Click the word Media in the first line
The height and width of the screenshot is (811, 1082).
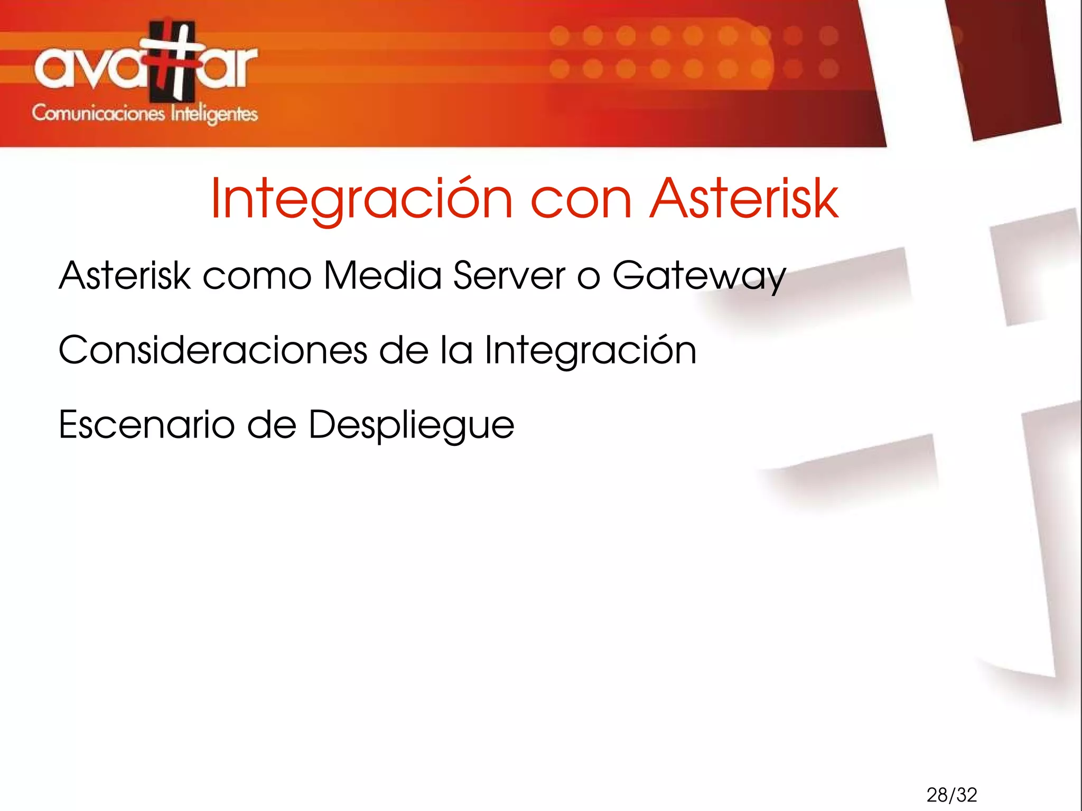(383, 275)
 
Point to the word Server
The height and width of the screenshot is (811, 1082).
(509, 275)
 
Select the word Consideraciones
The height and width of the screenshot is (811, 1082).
(213, 350)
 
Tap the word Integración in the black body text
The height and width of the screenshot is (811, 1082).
(591, 351)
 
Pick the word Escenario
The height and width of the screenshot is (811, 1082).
(146, 424)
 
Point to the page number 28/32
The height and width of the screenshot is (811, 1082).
(952, 795)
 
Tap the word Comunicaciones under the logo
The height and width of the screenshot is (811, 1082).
(98, 114)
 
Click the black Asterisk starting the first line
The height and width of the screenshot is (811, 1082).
(125, 275)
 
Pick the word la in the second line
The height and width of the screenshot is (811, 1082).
(457, 350)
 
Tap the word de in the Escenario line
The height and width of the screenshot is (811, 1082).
(272, 424)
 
